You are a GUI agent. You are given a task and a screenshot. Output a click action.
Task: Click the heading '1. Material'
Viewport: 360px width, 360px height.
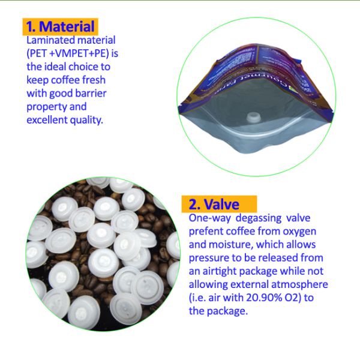(60, 26)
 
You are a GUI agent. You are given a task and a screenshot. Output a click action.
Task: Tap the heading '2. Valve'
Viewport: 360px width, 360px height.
(214, 204)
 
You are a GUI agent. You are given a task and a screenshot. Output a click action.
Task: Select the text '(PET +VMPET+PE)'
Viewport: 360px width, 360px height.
(68, 54)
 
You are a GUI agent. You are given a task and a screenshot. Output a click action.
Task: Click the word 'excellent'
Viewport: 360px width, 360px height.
(47, 120)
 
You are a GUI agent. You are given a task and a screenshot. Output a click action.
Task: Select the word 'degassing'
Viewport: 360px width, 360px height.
(259, 218)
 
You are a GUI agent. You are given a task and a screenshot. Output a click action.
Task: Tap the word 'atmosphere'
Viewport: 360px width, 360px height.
(299, 284)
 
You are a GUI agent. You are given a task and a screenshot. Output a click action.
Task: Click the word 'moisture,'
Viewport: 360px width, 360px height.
(231, 245)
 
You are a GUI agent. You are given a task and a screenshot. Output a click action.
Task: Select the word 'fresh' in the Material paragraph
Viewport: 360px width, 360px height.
(94, 80)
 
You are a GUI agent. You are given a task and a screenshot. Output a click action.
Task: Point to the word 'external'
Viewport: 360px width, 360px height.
(250, 284)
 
